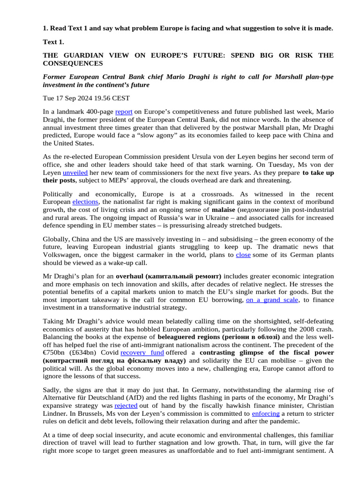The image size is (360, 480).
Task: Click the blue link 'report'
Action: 124,112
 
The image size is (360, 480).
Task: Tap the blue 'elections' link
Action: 85,202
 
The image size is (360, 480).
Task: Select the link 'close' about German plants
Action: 243,255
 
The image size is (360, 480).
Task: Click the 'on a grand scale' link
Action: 272,300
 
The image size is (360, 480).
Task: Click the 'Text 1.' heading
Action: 53,42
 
